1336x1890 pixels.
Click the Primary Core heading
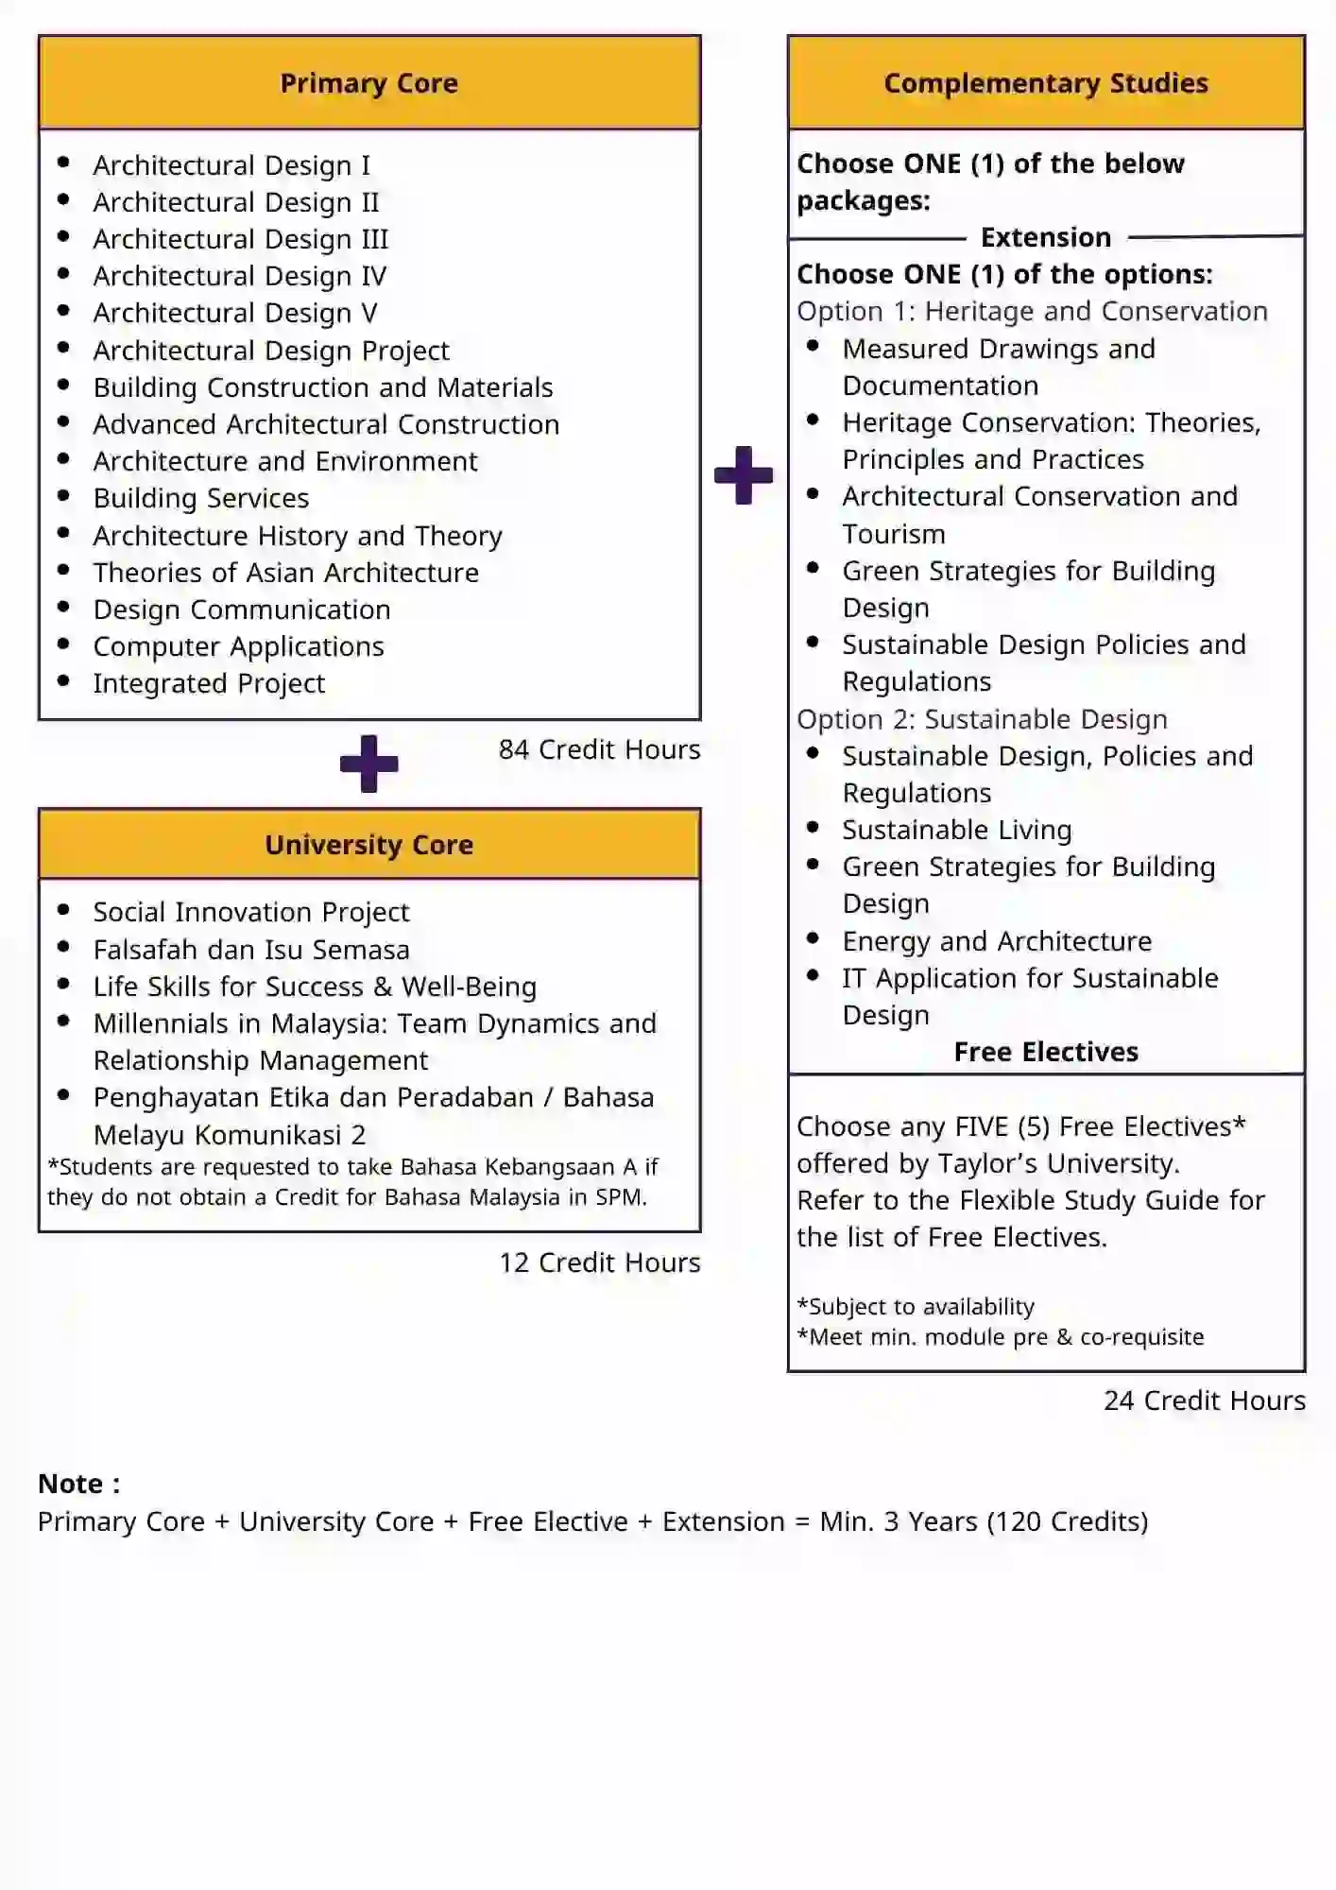(x=368, y=83)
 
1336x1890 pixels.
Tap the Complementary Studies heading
(x=1046, y=83)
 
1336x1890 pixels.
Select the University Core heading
(x=368, y=845)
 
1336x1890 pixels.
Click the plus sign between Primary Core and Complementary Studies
(x=744, y=475)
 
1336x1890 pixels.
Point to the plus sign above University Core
(x=368, y=764)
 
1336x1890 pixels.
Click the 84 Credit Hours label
(x=599, y=749)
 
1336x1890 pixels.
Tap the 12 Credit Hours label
(x=599, y=1263)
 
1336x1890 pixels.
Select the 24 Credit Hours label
(x=1204, y=1400)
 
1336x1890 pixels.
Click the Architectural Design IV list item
(x=240, y=276)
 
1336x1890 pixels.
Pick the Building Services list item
(x=201, y=498)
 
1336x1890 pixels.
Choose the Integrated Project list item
(x=209, y=683)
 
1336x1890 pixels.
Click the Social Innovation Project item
(x=251, y=912)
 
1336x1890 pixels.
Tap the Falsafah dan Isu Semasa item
(x=251, y=950)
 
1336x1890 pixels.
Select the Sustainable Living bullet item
(x=957, y=830)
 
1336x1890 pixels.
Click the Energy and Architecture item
(x=997, y=941)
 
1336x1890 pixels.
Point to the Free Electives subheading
(x=1046, y=1052)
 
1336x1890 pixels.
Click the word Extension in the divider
(x=1046, y=237)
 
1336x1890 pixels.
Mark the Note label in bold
(x=79, y=1484)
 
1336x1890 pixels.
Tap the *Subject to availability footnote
(x=916, y=1307)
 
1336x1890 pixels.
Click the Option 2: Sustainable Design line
(x=982, y=719)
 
